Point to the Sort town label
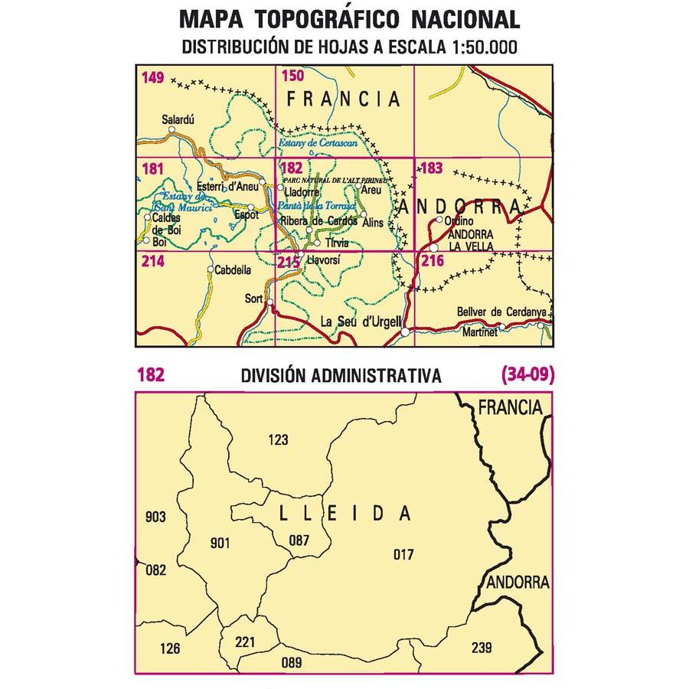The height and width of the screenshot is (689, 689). click(254, 298)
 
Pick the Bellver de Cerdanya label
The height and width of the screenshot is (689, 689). click(501, 312)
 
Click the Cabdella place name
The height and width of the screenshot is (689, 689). click(234, 269)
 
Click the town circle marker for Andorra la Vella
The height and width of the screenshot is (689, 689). click(433, 248)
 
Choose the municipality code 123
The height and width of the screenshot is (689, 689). click(279, 439)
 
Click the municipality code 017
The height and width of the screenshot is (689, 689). click(403, 553)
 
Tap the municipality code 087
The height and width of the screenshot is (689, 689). click(299, 540)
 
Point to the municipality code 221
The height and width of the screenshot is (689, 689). click(245, 642)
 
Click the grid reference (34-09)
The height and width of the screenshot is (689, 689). click(527, 375)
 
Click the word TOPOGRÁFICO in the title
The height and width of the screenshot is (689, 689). click(343, 18)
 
